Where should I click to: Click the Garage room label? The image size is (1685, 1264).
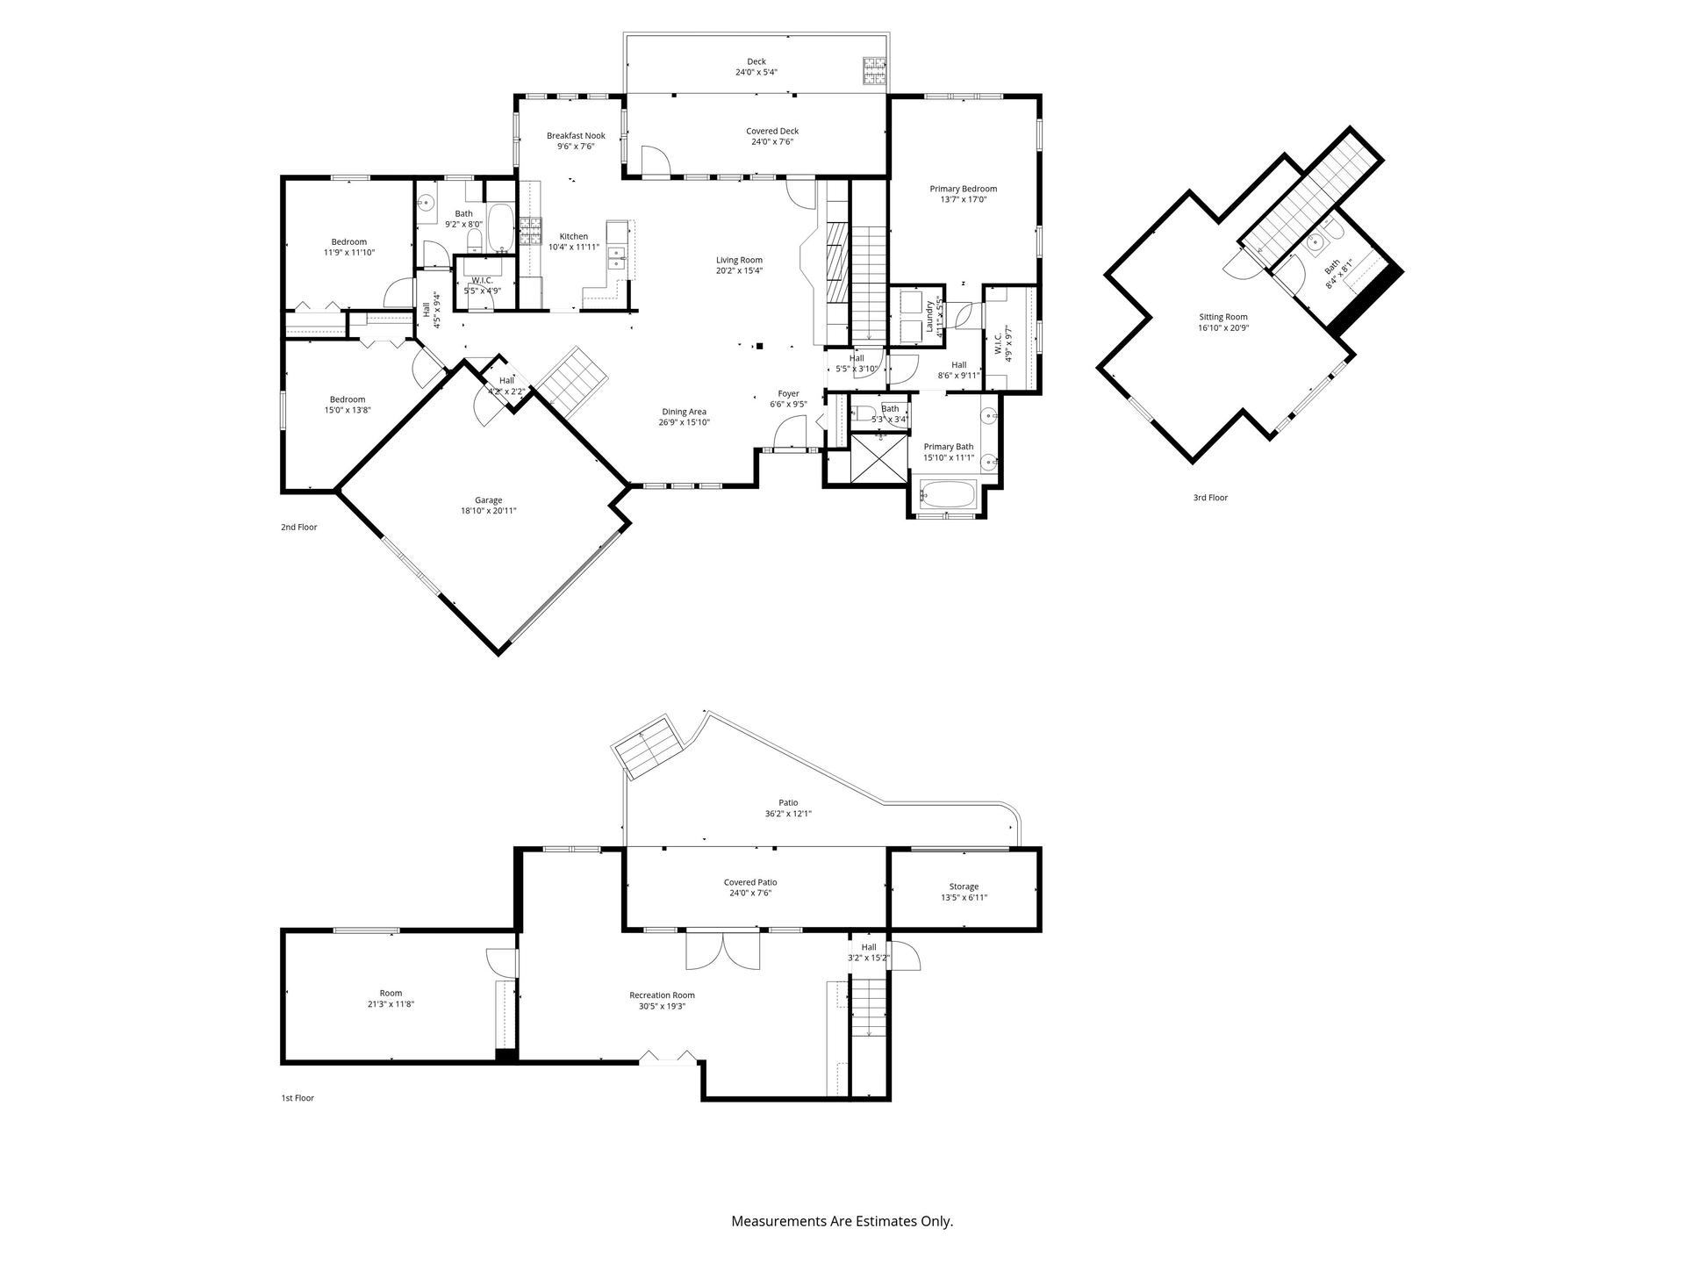click(x=489, y=500)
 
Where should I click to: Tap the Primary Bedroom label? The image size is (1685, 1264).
click(x=964, y=189)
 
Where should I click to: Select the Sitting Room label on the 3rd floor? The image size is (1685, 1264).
click(x=1223, y=317)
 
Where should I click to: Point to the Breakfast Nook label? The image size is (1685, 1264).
click(x=576, y=136)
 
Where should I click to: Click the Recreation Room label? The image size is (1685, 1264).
click(x=662, y=995)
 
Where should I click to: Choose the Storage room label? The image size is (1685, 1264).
click(x=964, y=887)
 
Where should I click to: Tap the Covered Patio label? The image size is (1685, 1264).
click(x=750, y=882)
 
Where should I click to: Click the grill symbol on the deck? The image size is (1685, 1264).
click(x=874, y=70)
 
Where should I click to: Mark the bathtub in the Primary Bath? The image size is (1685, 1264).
click(x=947, y=494)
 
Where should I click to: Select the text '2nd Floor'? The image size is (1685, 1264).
click(x=299, y=528)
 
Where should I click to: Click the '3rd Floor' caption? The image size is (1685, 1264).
click(x=1210, y=498)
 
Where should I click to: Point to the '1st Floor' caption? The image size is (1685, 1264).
click(x=298, y=1098)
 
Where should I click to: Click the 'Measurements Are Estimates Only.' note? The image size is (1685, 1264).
click(x=842, y=1221)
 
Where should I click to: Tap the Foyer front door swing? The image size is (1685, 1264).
click(x=790, y=433)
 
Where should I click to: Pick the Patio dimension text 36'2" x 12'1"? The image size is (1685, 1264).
click(x=788, y=814)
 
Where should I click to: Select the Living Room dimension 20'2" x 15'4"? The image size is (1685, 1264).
click(x=739, y=270)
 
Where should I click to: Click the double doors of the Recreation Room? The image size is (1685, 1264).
click(x=723, y=951)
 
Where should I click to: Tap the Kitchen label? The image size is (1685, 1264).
click(x=574, y=236)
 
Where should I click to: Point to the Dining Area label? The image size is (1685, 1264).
click(x=684, y=412)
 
